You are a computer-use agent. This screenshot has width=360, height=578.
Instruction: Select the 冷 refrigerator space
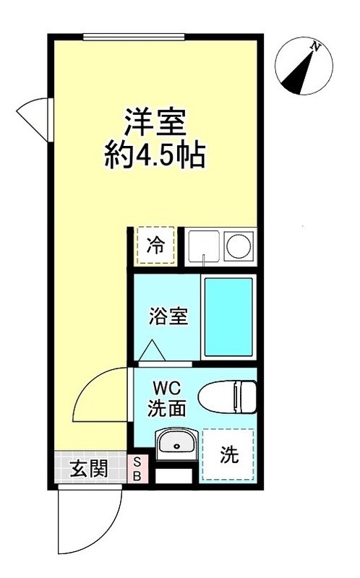click(156, 246)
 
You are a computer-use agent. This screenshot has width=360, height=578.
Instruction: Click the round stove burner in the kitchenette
click(237, 246)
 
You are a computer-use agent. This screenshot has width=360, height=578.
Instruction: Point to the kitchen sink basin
click(202, 246)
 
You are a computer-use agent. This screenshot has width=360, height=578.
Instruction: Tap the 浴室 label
click(169, 316)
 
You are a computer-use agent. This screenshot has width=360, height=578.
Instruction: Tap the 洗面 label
click(167, 409)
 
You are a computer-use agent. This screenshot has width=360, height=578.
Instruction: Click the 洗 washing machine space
click(228, 454)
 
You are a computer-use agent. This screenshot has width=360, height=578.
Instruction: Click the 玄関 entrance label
click(90, 469)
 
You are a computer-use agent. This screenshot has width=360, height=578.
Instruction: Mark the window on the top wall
click(155, 37)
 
